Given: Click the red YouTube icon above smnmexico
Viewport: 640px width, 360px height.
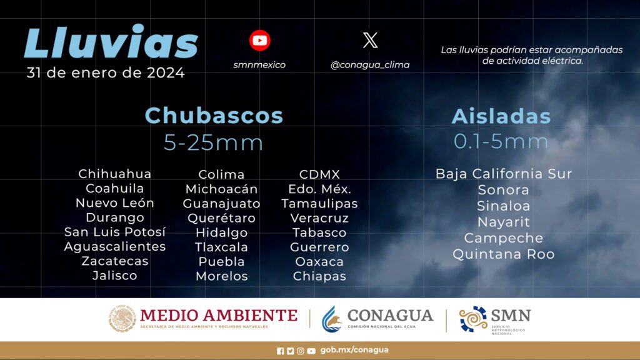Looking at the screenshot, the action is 259,41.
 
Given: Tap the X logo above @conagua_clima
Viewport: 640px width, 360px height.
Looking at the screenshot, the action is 370,40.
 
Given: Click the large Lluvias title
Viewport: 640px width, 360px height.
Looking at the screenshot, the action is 111,41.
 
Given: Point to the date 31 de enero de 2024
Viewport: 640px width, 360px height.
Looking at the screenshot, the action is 106,73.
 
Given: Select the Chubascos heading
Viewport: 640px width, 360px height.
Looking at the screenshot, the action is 214,116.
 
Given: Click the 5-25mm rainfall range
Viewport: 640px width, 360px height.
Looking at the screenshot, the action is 214,142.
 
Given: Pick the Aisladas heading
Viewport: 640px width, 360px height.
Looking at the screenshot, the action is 501,116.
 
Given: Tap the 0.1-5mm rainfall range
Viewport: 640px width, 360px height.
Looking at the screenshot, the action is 501,141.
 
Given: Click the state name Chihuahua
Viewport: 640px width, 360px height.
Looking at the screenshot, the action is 115,174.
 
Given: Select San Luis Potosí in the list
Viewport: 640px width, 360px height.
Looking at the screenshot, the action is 115,232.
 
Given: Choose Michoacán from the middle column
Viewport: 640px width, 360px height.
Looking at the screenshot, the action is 222,189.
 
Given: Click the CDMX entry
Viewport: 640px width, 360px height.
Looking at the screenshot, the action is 319,174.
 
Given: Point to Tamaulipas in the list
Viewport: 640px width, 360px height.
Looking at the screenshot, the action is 319,204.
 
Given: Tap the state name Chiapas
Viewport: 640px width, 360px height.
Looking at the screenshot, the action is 319,276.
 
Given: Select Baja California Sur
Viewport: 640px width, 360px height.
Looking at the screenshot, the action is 504,174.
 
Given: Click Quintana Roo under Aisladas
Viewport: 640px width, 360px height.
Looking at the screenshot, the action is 504,254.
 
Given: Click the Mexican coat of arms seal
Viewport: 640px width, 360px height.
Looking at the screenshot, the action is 122,319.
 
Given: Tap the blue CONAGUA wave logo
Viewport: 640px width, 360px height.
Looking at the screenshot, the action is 331,319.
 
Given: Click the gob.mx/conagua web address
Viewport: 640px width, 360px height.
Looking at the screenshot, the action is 354,350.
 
